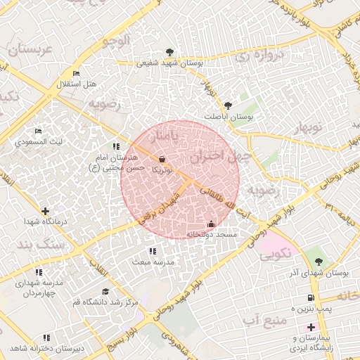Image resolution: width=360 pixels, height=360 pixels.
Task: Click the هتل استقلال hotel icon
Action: pyautogui.click(x=77, y=74)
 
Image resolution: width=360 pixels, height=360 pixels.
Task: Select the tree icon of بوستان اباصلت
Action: pyautogui.click(x=227, y=105)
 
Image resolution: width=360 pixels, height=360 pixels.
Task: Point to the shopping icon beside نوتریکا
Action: pyautogui.click(x=163, y=160)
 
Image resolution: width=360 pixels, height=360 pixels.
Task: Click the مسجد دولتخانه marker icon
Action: pyautogui.click(x=211, y=224)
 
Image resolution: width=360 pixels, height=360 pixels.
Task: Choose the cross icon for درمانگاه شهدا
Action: pyautogui.click(x=46, y=211)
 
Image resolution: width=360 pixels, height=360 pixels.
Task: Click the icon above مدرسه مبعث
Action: pyautogui.click(x=153, y=251)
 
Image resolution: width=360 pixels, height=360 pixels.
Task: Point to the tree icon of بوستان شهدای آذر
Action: pyautogui.click(x=319, y=262)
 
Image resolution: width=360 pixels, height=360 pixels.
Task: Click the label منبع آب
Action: pyautogui.click(x=261, y=322)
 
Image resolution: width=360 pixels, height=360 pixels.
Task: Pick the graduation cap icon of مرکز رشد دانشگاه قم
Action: pyautogui.click(x=105, y=292)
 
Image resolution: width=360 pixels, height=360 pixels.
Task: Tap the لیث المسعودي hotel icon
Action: pyautogui.click(x=39, y=131)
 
